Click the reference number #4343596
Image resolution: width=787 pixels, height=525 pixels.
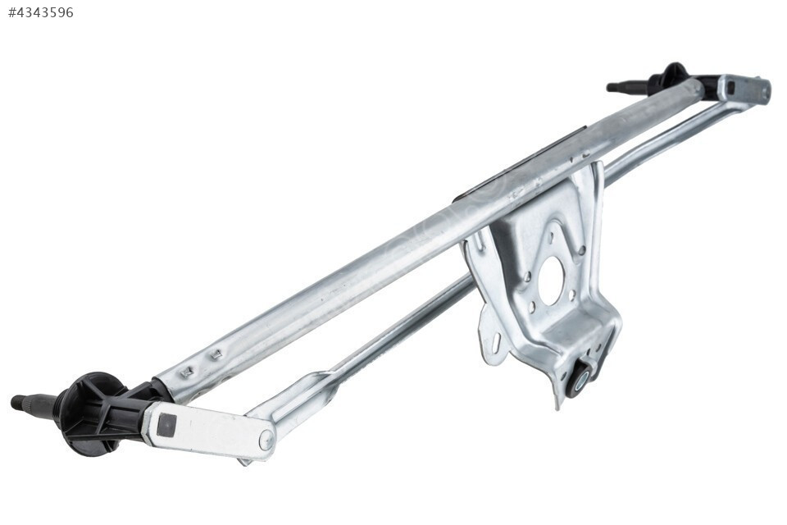point(41,12)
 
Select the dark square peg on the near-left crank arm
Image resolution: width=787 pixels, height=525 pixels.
point(166,426)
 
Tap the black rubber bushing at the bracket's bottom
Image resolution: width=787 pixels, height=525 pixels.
point(582,377)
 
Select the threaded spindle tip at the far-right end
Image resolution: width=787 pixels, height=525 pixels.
point(616,87)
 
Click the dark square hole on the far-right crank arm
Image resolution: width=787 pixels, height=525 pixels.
point(732,89)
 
